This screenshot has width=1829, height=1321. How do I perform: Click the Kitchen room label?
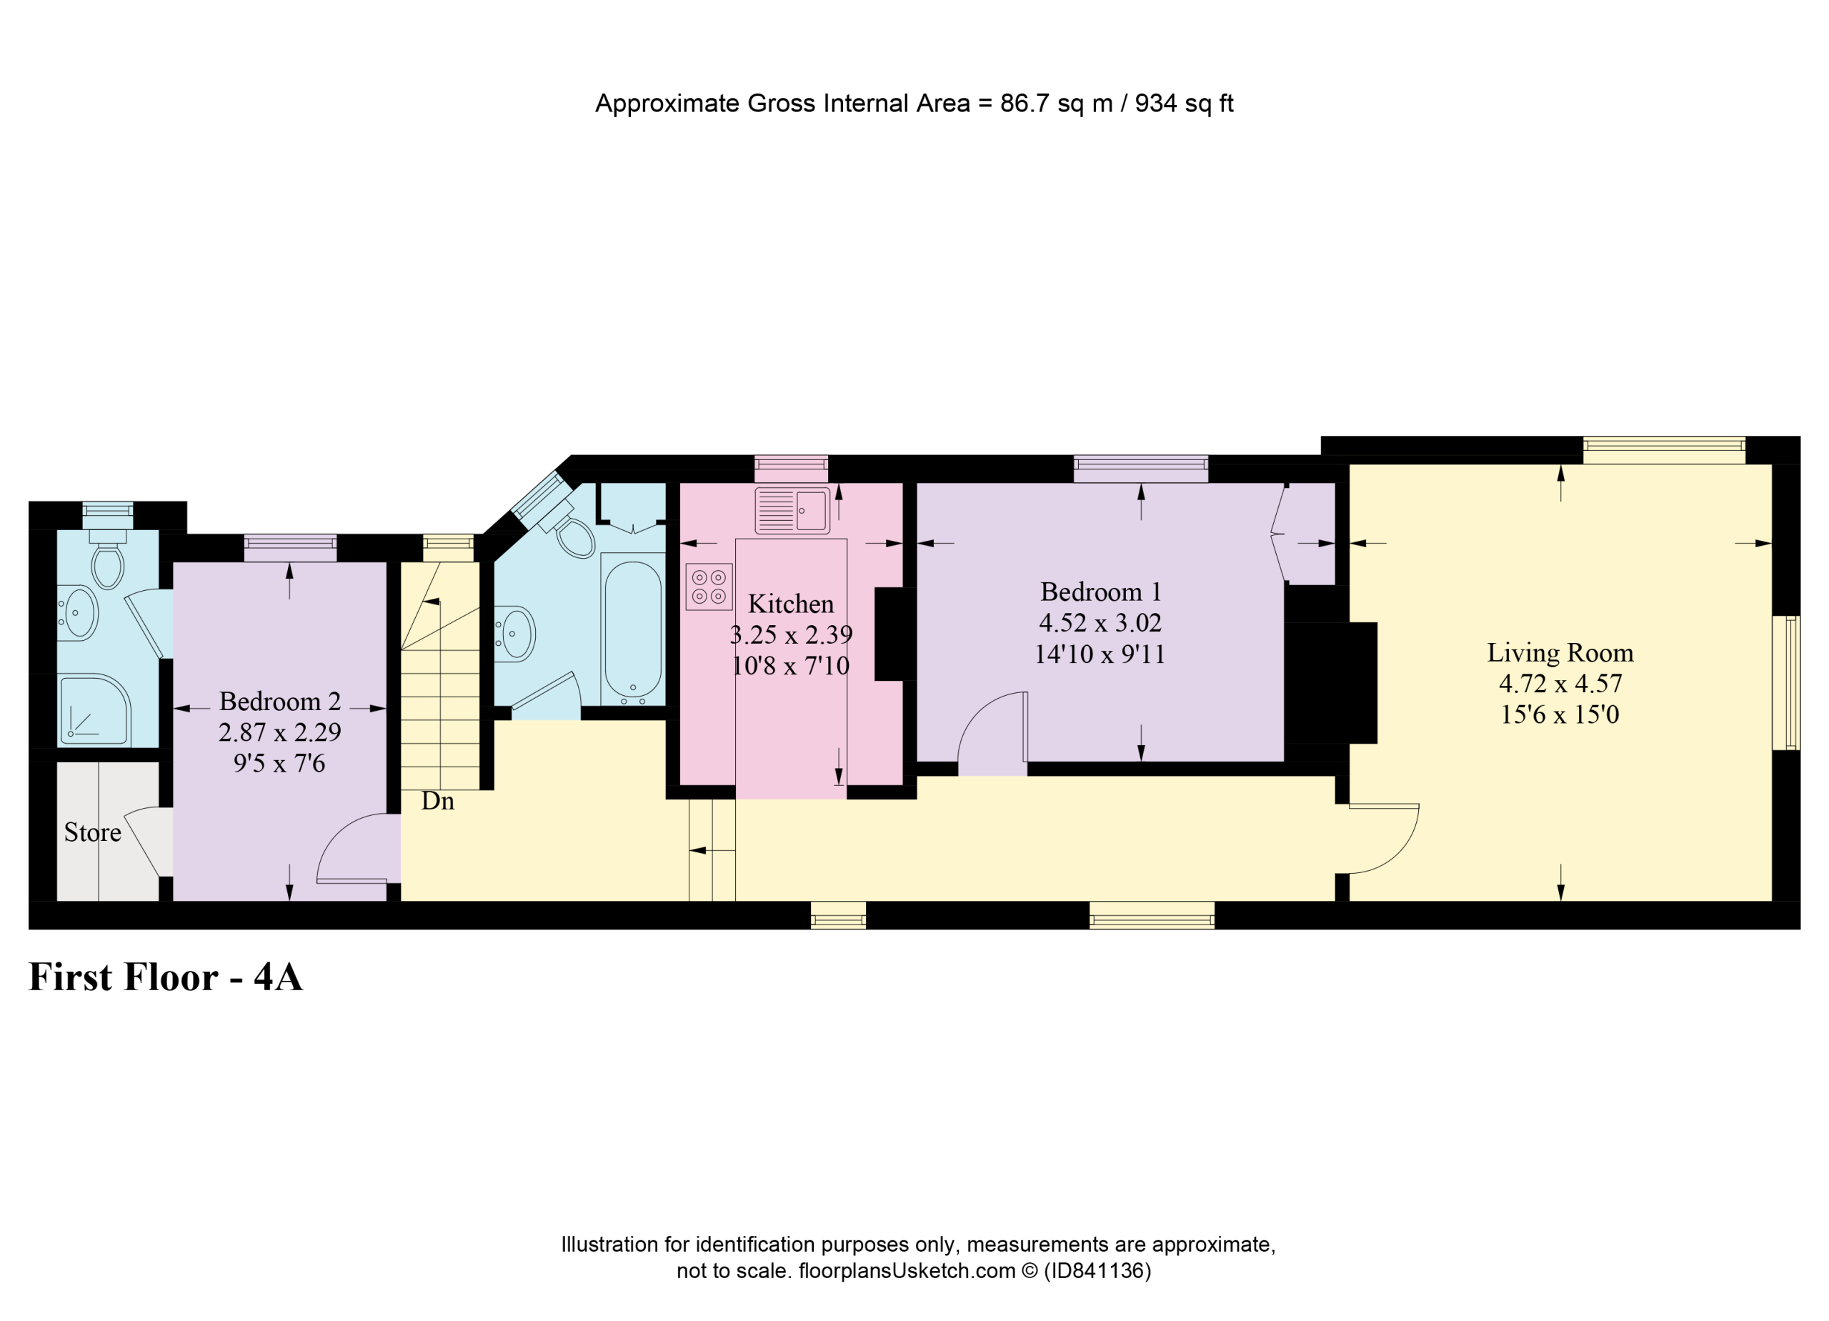point(790,604)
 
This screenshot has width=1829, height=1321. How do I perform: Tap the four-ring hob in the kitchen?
point(709,587)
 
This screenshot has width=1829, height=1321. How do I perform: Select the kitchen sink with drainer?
point(792,511)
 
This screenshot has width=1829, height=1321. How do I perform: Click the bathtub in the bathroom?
point(633,629)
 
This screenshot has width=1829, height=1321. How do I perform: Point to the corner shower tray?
point(94,709)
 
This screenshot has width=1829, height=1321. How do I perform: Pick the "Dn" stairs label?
point(438,801)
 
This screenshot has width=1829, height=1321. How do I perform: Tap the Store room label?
point(93,832)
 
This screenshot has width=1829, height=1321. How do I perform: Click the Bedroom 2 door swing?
point(343,839)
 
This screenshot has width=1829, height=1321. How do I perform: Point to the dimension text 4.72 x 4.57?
point(1560,684)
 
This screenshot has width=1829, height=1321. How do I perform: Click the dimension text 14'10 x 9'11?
point(1100,654)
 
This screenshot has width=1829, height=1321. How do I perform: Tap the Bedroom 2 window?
point(290,547)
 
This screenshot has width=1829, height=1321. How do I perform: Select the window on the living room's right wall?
point(1785,683)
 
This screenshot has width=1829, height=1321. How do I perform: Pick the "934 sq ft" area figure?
point(1184,103)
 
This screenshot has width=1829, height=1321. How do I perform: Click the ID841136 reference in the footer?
point(1097,1271)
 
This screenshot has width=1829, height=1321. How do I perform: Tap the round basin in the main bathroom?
point(514,634)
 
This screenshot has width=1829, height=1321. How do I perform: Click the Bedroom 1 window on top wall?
point(1140,469)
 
